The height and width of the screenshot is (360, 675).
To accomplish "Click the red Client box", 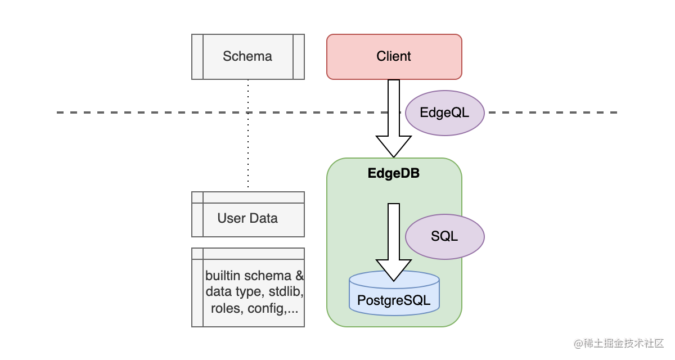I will pyautogui.click(x=394, y=56).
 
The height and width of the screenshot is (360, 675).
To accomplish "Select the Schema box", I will pyautogui.click(x=247, y=56).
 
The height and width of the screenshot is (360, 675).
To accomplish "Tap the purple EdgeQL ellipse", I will pyautogui.click(x=444, y=112).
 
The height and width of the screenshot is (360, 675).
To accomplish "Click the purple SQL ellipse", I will pyautogui.click(x=444, y=236).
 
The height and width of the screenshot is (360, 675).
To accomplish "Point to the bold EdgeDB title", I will pyautogui.click(x=394, y=173).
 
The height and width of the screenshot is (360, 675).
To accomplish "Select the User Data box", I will pyautogui.click(x=247, y=218).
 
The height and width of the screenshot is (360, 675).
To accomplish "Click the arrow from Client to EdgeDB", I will pyautogui.click(x=394, y=112).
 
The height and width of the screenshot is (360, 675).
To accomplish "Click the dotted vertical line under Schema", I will pyautogui.click(x=248, y=135).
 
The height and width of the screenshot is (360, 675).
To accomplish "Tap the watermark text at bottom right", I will pyautogui.click(x=619, y=343).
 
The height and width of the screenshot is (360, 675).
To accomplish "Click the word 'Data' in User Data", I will pyautogui.click(x=263, y=218).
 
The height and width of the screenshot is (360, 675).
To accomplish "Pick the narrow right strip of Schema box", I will pyautogui.click(x=299, y=56).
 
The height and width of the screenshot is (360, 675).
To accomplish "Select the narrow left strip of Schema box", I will pyautogui.click(x=197, y=56).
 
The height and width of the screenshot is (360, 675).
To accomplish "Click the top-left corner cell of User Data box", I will pyautogui.click(x=197, y=197).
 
